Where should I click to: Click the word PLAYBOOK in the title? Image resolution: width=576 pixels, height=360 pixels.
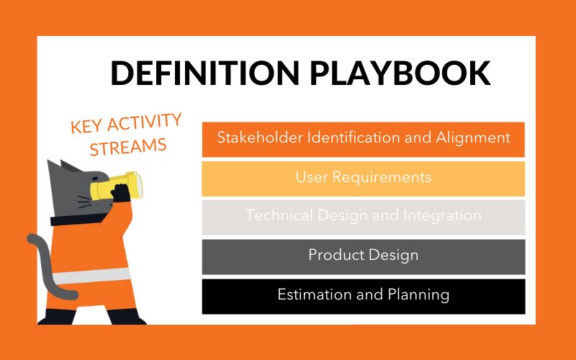[399, 73]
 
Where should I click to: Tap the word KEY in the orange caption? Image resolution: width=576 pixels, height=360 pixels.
[85, 127]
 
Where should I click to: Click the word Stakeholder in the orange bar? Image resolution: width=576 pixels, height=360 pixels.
[256, 138]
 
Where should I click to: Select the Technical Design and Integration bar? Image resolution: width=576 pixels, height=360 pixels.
[363, 216]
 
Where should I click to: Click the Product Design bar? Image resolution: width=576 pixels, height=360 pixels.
[363, 256]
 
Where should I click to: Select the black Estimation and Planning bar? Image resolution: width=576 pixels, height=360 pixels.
[363, 295]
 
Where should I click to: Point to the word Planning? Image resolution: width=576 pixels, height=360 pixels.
[420, 295]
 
